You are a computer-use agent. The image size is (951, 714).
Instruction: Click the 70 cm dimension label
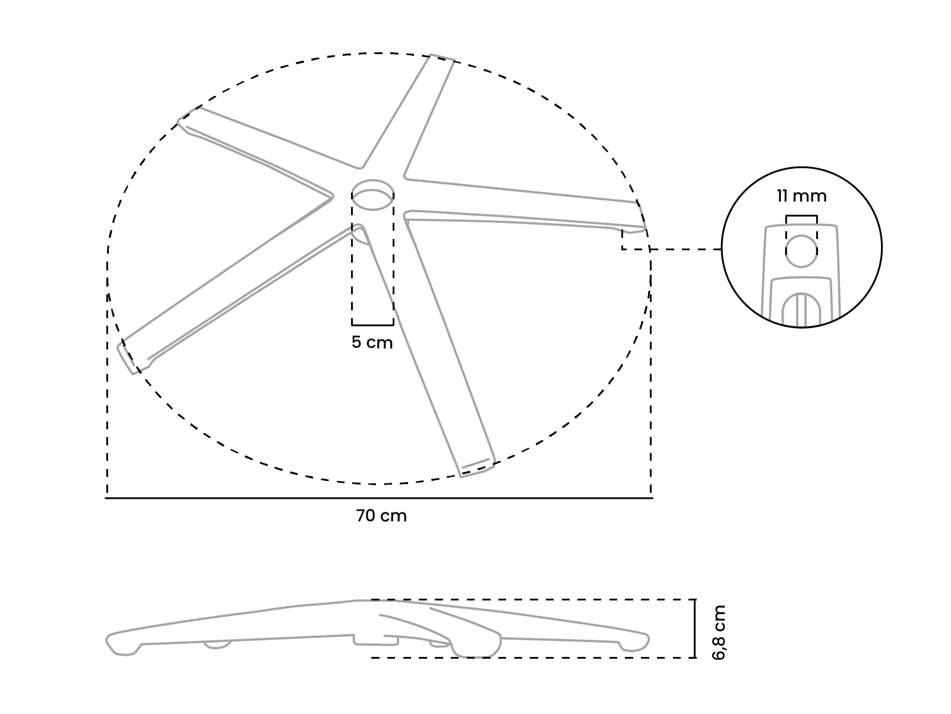coord(381,516)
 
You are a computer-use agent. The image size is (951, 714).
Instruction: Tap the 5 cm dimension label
coord(372,343)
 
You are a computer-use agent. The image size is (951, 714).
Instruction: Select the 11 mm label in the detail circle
coord(801,196)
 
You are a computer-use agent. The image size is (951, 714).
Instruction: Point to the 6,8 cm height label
coord(719,633)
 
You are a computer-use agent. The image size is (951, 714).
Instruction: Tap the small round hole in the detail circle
coord(801,251)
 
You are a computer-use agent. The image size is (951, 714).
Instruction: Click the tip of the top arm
coord(441,58)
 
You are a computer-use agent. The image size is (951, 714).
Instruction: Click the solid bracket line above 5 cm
coord(372,325)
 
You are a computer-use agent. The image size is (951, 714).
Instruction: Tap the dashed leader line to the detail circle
coord(686,249)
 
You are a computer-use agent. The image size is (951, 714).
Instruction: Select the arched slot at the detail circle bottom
coord(801,309)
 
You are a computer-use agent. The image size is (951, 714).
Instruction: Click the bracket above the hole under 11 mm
coord(801,216)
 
